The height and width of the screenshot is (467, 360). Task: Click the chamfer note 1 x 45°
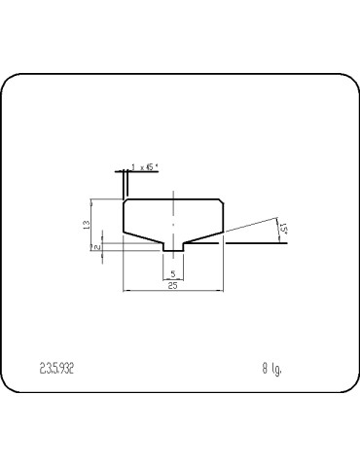tap(145, 167)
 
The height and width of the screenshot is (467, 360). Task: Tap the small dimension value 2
tap(97, 248)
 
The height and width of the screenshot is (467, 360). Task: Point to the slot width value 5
tap(173, 274)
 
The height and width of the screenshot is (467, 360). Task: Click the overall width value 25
tap(172, 286)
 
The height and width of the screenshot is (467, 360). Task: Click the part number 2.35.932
tap(56, 369)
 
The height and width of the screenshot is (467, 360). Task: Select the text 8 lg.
tap(271, 369)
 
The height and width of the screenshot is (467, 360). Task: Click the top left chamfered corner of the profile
tap(125, 201)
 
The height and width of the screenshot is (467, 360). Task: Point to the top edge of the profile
tap(173, 198)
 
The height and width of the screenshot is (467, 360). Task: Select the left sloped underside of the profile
tap(142, 237)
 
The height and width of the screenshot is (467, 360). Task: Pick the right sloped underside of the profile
tap(205, 237)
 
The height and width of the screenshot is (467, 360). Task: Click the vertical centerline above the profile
tap(173, 191)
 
